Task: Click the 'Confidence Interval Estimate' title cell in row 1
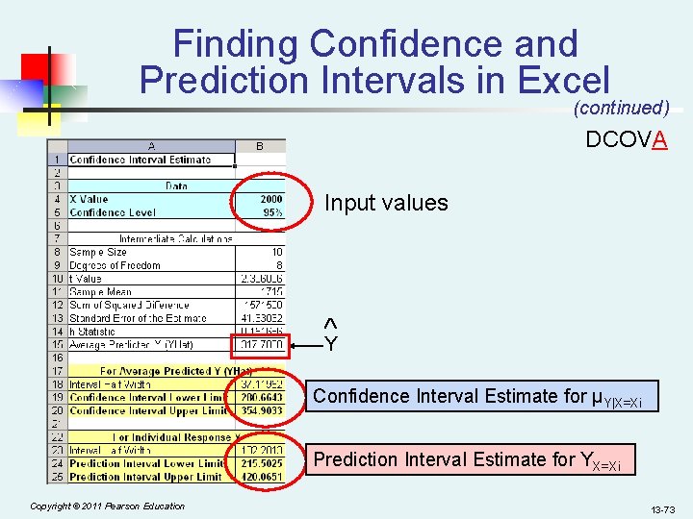click(141, 160)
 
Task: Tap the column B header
click(260, 146)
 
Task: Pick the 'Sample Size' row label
click(98, 252)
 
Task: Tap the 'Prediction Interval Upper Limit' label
click(145, 477)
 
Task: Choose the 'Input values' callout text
click(386, 203)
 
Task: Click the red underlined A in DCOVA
click(659, 140)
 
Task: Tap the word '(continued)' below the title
click(621, 108)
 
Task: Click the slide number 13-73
click(661, 507)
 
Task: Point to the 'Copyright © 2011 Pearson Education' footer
click(107, 506)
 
